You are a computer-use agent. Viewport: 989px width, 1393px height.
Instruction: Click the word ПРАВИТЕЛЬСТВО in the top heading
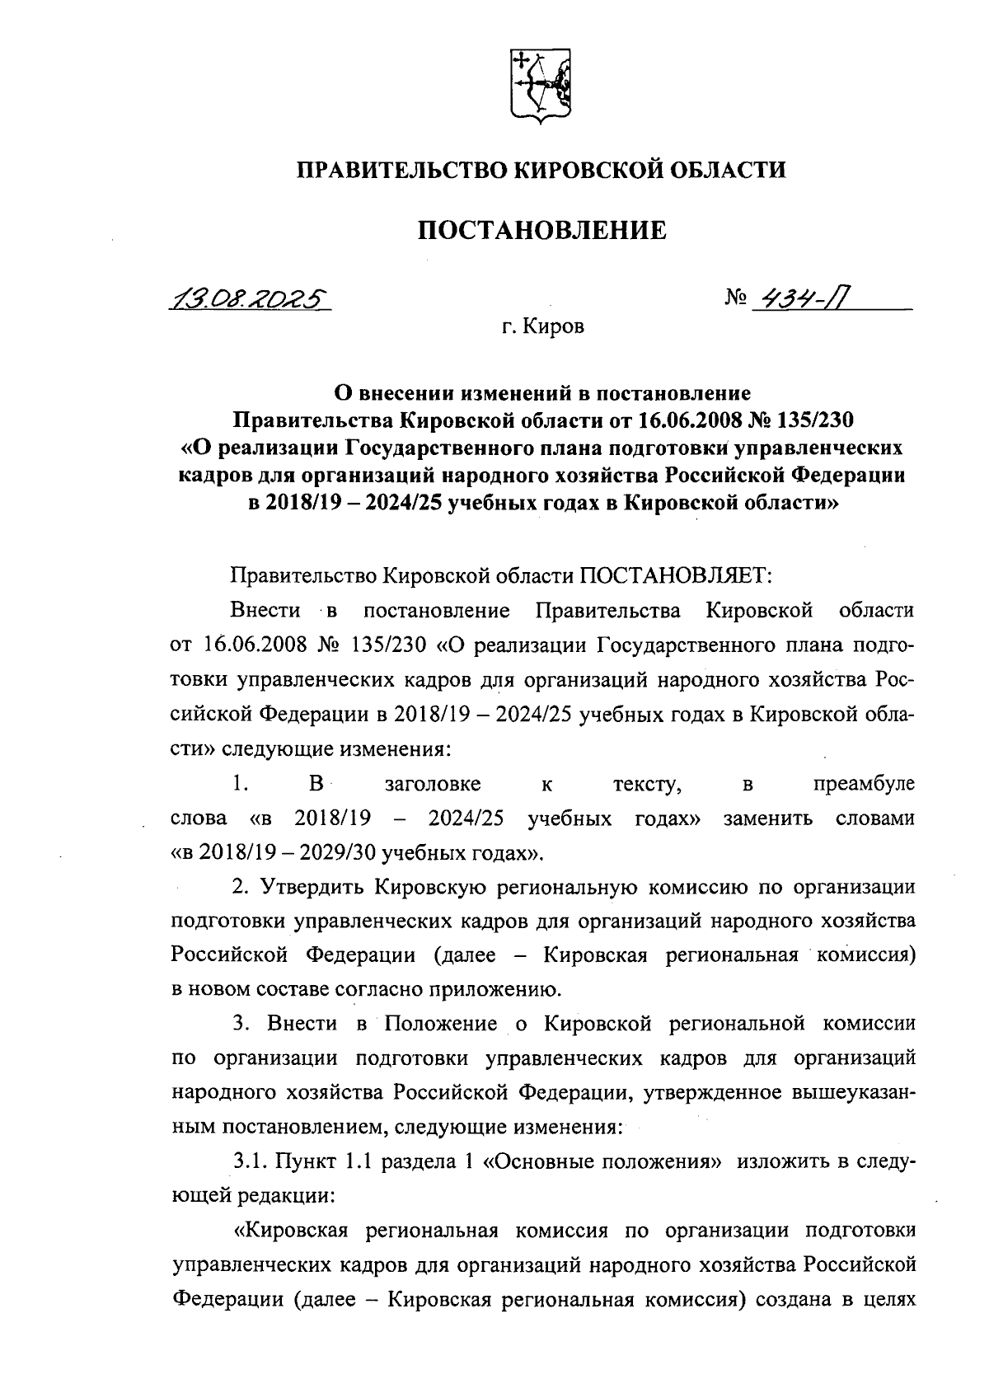pos(401,171)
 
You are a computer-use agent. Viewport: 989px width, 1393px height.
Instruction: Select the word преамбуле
pos(863,784)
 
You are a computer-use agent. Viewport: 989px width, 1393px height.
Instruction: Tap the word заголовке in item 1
pos(433,784)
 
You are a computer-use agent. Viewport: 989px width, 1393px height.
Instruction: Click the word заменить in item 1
pos(767,818)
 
